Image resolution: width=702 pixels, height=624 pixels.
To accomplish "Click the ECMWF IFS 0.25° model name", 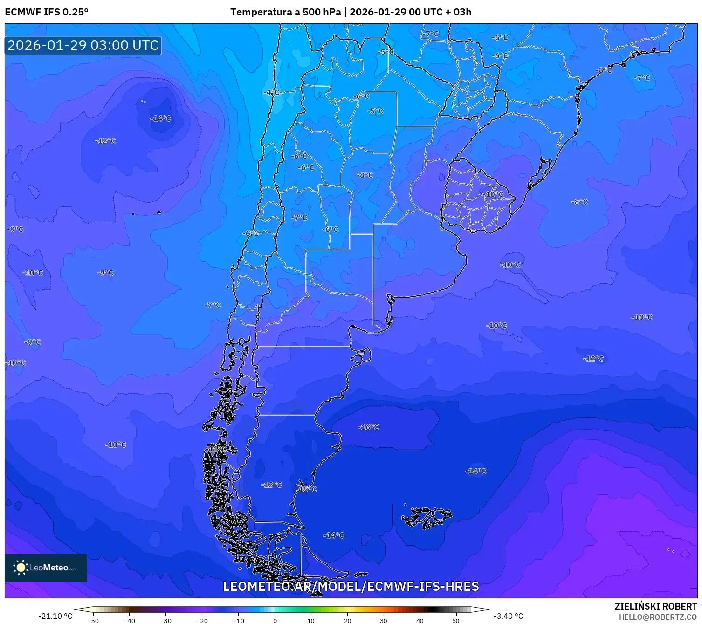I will tap(47, 12).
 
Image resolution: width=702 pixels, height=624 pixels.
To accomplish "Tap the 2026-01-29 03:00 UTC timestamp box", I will tap(83, 46).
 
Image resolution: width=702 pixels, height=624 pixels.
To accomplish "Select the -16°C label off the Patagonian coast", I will tap(369, 427).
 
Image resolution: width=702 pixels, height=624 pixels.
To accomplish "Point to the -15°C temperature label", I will tap(307, 489).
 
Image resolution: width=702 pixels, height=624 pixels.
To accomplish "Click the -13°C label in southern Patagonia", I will tap(272, 485).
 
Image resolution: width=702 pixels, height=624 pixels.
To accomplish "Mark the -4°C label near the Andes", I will tap(271, 92).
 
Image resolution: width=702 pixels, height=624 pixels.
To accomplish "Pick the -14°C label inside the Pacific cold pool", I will tap(161, 118).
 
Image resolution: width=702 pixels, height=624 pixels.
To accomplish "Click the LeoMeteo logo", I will tap(46, 568).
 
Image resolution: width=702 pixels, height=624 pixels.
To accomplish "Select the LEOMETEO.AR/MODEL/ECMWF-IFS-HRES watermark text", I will tap(351, 586).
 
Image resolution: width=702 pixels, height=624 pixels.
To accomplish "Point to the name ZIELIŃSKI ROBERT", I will tap(656, 606).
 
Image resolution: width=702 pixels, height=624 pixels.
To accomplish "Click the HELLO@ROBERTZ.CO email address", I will tap(658, 617).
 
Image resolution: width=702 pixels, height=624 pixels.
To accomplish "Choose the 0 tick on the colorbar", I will tap(275, 621).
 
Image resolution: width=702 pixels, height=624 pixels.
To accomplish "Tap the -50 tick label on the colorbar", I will tap(93, 621).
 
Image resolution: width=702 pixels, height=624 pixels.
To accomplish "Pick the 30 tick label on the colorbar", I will tap(384, 621).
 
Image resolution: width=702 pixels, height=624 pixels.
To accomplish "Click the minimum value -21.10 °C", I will tap(55, 616).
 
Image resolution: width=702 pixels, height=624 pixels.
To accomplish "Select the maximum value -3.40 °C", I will tap(508, 616).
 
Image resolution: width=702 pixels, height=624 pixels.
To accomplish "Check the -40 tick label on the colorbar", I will tap(130, 621).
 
